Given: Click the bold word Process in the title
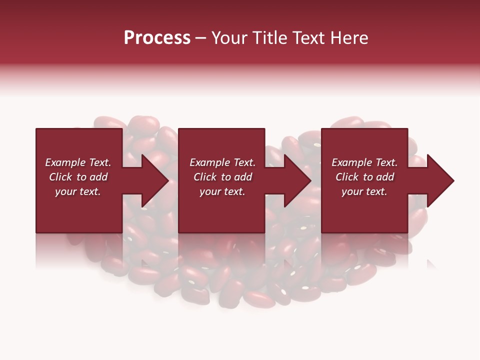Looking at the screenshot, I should pyautogui.click(x=157, y=38).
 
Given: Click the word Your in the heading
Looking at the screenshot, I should pyautogui.click(x=229, y=38).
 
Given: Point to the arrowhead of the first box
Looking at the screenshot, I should pyautogui.click(x=152, y=180).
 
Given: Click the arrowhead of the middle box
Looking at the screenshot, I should pyautogui.click(x=295, y=180).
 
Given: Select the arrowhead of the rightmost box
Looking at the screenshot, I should pyautogui.click(x=438, y=180).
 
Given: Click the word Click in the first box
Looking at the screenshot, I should pyautogui.click(x=61, y=177).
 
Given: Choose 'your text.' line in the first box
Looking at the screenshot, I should pyautogui.click(x=78, y=191).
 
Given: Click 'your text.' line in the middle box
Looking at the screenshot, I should pyautogui.click(x=222, y=191).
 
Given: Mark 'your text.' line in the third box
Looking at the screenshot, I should pyautogui.click(x=364, y=191).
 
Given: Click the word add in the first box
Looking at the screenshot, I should pyautogui.click(x=98, y=177).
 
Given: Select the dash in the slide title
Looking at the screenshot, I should pyautogui.click(x=200, y=38).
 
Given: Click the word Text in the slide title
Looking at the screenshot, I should pyautogui.click(x=305, y=38).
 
